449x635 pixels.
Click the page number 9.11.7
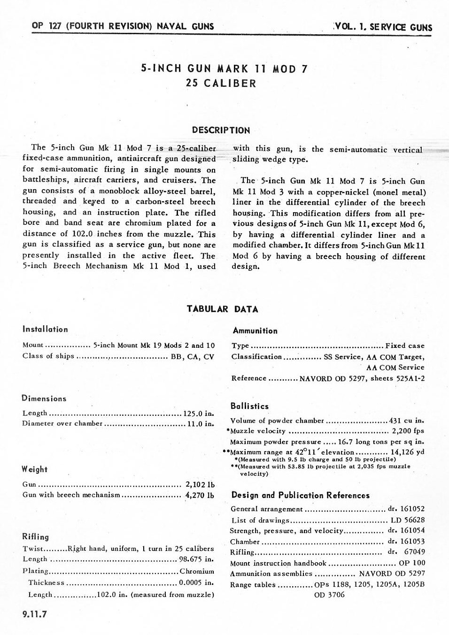pyautogui.click(x=35, y=614)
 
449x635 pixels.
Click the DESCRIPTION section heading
pyautogui.click(x=221, y=130)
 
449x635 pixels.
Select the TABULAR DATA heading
pyautogui.click(x=222, y=309)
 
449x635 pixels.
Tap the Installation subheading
pyautogui.click(x=45, y=329)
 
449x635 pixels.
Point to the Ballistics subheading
pyautogui.click(x=249, y=406)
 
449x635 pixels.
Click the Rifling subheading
pyautogui.click(x=36, y=537)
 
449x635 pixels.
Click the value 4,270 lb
pyautogui.click(x=200, y=495)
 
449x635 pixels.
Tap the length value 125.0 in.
pyautogui.click(x=199, y=413)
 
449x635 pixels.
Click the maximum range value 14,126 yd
pyautogui.click(x=407, y=452)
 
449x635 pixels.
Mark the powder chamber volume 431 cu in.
pyautogui.click(x=407, y=421)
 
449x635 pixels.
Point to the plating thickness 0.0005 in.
pyautogui.click(x=197, y=582)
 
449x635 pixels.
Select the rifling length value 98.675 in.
pyautogui.click(x=197, y=559)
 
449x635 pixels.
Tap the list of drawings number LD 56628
pyautogui.click(x=408, y=520)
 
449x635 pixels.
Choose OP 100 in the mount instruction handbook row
pyautogui.click(x=412, y=563)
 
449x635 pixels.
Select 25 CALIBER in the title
pyautogui.click(x=221, y=84)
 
